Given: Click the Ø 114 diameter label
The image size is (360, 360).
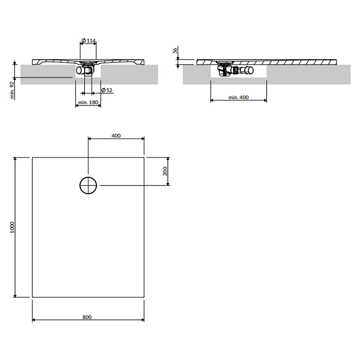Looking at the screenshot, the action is click(89, 41).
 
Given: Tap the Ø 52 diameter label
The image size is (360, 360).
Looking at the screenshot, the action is click(107, 90).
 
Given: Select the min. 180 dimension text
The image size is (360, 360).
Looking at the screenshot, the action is click(88, 102).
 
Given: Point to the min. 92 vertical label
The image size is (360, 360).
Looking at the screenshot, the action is click(12, 90).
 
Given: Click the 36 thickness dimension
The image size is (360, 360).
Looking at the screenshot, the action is click(175, 51).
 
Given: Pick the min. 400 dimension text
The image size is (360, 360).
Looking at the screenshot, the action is click(238, 97).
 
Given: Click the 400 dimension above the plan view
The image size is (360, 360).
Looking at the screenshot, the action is click(116, 136).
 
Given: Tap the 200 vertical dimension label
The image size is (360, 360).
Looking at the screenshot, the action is click(165, 171).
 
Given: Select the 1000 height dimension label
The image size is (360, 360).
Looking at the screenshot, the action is click(12, 227).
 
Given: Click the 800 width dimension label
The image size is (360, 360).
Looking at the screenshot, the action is click(87, 317).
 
